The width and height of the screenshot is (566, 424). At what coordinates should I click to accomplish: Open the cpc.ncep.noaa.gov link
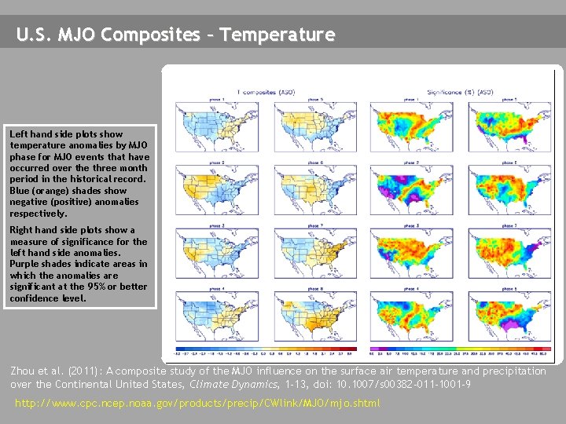[197, 403]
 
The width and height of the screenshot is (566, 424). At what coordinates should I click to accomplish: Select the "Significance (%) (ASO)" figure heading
[460, 92]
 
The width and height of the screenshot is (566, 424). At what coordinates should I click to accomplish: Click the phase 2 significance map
[408, 188]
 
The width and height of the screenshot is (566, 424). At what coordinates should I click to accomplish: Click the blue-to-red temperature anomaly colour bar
[266, 349]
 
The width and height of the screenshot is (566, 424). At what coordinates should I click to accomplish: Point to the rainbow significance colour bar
[461, 349]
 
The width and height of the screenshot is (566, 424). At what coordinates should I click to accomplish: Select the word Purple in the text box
[24, 265]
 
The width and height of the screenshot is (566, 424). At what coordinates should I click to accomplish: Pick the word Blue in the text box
[20, 191]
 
